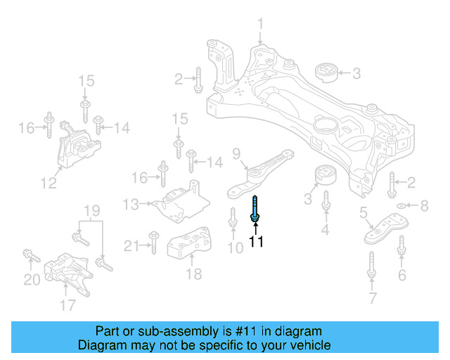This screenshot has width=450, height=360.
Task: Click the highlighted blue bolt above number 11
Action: click(255, 210)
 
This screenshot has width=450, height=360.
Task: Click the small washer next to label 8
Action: click(401, 206)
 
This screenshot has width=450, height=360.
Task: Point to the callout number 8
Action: click(424, 206)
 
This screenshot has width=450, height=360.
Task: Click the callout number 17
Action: click(67, 304)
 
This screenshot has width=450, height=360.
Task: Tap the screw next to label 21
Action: click(151, 244)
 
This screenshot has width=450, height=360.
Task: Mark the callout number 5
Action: click(364, 213)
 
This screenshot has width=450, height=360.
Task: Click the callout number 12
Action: click(48, 184)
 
